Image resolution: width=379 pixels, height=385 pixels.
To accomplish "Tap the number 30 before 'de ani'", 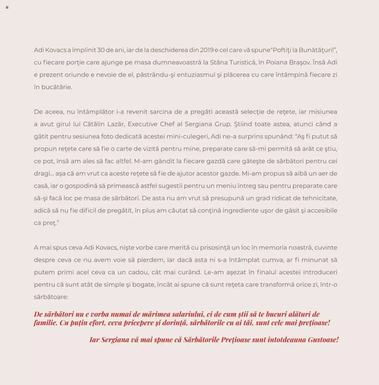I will (x=101, y=50).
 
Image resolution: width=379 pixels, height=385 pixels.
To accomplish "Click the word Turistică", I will (x=241, y=62).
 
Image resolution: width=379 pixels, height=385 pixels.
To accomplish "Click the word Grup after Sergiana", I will (x=222, y=124).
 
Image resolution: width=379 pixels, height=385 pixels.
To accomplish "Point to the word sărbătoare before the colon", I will (x=51, y=297).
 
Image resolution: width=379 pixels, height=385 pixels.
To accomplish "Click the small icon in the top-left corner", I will (x=7, y=7).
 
